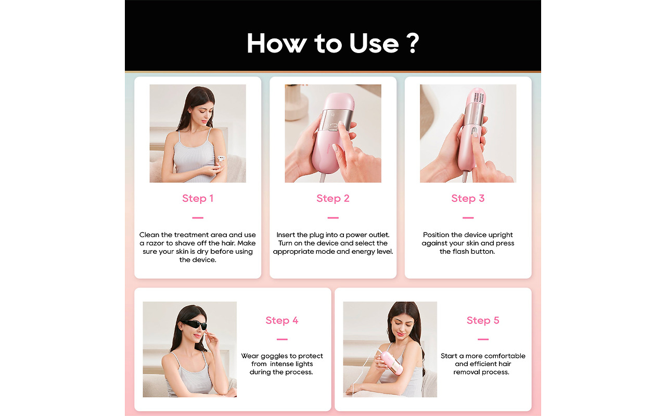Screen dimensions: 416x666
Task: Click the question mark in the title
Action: pos(412,43)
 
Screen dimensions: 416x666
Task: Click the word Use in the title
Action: pos(373,43)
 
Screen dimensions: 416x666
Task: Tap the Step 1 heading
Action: pos(198,198)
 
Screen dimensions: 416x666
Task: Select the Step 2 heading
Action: pos(333,198)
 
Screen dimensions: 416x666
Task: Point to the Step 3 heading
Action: pos(468,198)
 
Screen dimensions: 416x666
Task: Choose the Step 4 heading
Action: pos(282,320)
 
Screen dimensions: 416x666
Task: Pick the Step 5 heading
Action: pos(483,320)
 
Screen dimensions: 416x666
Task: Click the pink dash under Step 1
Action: pos(198,218)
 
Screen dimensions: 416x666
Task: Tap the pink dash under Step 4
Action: pos(282,340)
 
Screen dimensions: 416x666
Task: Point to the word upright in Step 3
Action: pos(497,235)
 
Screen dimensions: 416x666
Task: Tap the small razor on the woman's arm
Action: pos(221,159)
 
